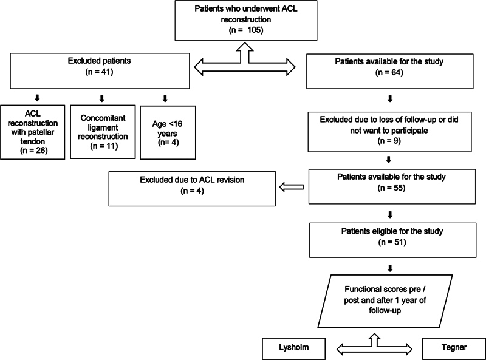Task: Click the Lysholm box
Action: point(293,348)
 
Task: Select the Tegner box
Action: point(454,348)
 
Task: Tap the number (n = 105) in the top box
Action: point(246,30)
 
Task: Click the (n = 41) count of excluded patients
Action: point(99,72)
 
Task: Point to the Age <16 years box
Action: point(168,132)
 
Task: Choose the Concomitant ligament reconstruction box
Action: point(103,132)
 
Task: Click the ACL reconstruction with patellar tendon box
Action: point(33,132)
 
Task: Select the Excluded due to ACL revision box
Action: point(192,189)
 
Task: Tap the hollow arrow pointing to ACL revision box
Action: point(292,187)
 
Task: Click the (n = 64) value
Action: point(389,72)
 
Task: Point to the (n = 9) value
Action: point(389,141)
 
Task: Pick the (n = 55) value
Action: point(391,188)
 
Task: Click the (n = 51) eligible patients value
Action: point(392,242)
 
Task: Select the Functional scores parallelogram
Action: point(385,301)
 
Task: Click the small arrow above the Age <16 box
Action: point(165,98)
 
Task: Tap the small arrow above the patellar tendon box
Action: point(37,98)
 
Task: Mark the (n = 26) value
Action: point(34,151)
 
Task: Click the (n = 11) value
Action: point(104,146)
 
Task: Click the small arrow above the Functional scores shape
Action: point(390,268)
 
